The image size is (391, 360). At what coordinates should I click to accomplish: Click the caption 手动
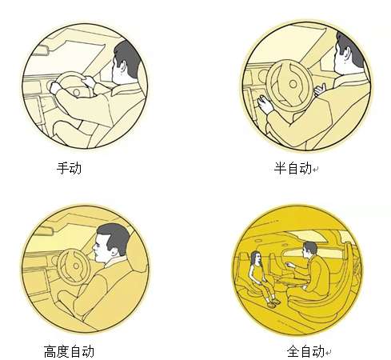click(x=69, y=168)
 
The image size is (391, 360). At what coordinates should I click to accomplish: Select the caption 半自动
click(x=293, y=168)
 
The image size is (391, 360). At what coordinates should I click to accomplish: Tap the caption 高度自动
click(x=69, y=351)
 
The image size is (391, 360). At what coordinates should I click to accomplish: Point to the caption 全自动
click(x=305, y=351)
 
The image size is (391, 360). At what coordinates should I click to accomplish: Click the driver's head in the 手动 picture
click(x=125, y=62)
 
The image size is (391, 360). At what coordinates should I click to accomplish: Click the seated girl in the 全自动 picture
click(x=261, y=278)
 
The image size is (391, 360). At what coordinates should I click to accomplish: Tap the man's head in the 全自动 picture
click(x=309, y=250)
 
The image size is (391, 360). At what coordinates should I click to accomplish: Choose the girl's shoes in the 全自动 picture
click(x=273, y=303)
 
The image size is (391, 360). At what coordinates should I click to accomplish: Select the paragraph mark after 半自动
click(x=316, y=170)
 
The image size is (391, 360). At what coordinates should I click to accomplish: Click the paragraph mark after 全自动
click(x=328, y=353)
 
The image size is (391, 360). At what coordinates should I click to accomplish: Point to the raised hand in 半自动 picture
click(x=319, y=90)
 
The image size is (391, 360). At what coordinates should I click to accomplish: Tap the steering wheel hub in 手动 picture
click(x=77, y=93)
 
